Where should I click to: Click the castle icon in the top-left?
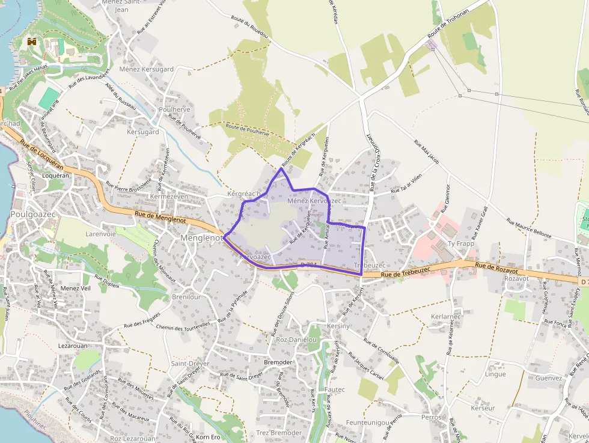[x=32, y=41]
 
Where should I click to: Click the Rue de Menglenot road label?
[x=160, y=217]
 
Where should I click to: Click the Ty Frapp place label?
[x=461, y=243]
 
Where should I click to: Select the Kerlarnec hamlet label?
[x=446, y=316]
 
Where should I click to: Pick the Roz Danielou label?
[x=296, y=340]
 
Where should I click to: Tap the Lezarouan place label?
[x=73, y=346]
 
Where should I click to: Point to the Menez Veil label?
[x=75, y=289]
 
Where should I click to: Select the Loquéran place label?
[x=56, y=176]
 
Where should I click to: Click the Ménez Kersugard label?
[x=146, y=69]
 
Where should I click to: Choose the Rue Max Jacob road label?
[x=427, y=152]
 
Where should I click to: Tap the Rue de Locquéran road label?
[x=47, y=155]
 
